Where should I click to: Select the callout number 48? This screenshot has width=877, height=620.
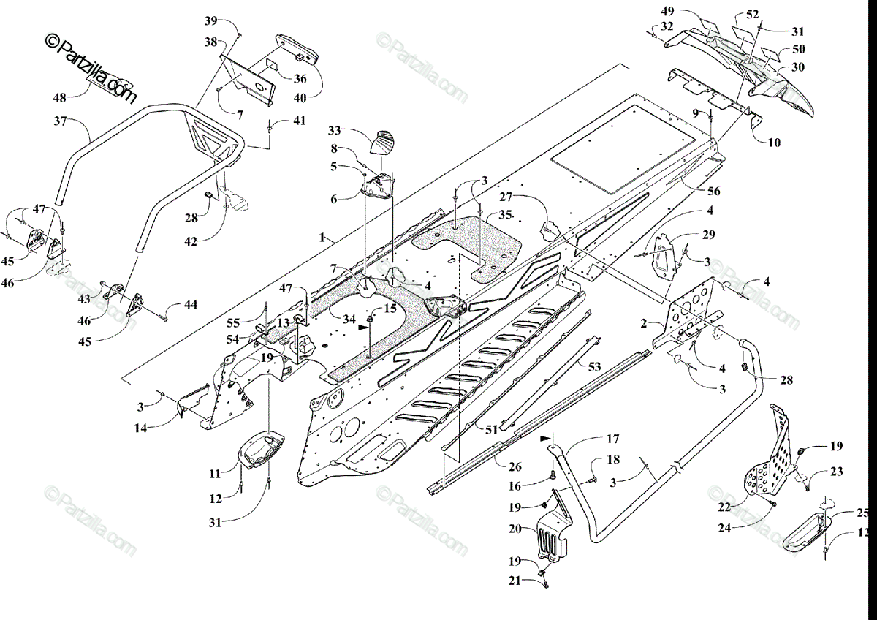(60, 97)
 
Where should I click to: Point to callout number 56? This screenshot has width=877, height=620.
(713, 192)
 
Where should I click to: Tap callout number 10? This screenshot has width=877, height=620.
(774, 143)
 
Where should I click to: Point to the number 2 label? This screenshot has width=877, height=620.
(644, 322)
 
